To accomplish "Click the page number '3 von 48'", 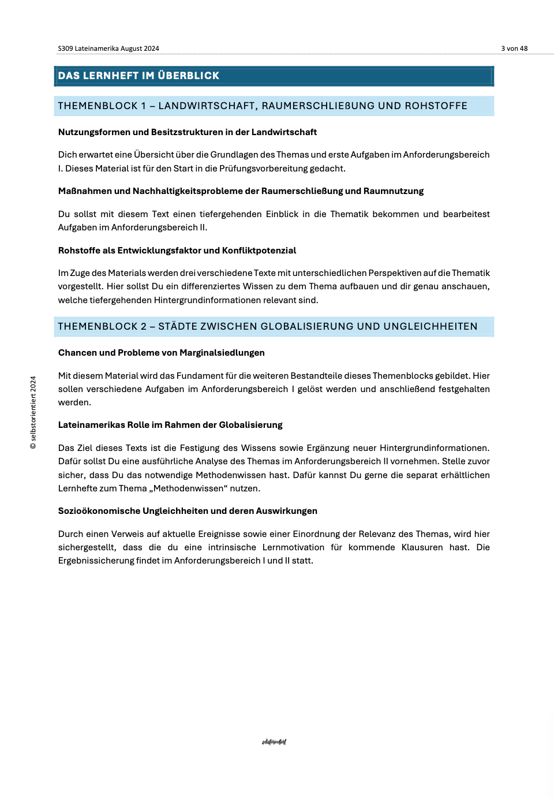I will click(514, 49).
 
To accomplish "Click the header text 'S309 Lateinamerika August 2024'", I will click(108, 49).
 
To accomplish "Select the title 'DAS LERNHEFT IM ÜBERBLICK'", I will click(138, 76).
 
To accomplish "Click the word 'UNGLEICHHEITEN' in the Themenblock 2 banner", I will click(431, 326).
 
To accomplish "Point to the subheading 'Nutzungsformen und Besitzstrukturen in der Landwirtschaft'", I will click(188, 132).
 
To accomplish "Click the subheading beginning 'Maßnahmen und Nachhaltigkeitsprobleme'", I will click(241, 191).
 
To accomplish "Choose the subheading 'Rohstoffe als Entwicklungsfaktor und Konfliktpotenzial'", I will click(177, 251).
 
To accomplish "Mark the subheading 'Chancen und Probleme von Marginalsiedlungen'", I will click(162, 353).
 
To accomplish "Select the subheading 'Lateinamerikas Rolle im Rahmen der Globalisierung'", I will click(170, 425).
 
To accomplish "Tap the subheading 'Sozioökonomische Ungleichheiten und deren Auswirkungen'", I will click(188, 511).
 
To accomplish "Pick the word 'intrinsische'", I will click(232, 547).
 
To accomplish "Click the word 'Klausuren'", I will click(422, 547).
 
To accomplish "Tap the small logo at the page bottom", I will click(274, 742).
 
